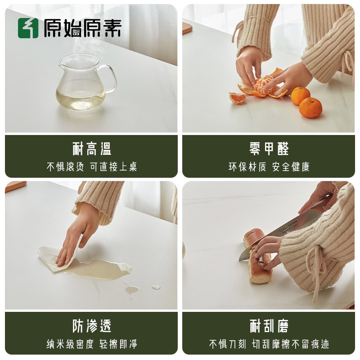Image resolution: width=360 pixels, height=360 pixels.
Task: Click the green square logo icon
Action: [28, 28]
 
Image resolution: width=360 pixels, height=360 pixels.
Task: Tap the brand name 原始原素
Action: [82, 28]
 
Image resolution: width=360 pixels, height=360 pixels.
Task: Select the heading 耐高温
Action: [92, 149]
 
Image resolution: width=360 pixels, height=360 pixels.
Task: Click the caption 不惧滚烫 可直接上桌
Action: [92, 167]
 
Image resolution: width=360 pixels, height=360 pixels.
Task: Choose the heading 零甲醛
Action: [269, 149]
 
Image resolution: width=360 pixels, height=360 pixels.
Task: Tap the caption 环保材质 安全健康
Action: [269, 167]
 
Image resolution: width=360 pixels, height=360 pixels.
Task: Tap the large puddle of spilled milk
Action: [101, 269]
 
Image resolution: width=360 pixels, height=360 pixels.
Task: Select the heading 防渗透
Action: [92, 326]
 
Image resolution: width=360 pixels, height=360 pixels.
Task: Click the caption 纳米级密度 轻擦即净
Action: [92, 344]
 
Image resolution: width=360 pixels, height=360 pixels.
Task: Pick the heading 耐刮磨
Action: [269, 326]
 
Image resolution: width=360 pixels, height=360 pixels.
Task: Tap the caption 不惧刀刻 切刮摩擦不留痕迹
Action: [269, 344]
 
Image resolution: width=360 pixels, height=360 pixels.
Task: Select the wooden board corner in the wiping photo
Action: [15, 186]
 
